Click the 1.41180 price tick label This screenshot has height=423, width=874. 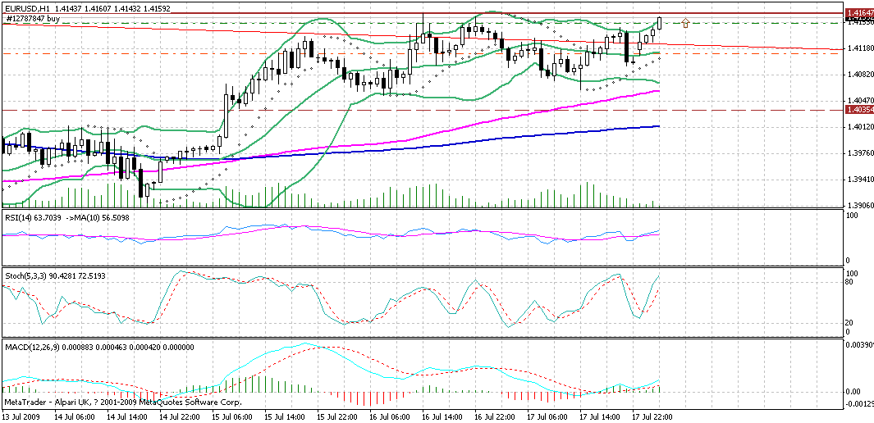coord(858,48)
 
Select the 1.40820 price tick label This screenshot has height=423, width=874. coord(858,75)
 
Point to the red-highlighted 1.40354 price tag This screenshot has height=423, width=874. coord(858,110)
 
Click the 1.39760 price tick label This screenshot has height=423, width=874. coord(858,153)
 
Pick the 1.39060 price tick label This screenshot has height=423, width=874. coord(858,206)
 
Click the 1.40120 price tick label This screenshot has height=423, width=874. coord(858,127)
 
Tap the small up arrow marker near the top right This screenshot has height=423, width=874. coord(685,22)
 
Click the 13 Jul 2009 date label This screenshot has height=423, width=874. coord(21,416)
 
